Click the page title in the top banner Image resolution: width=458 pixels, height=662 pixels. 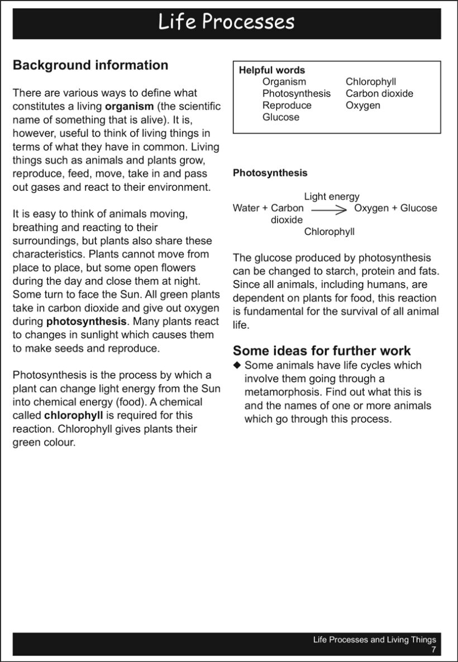(226, 22)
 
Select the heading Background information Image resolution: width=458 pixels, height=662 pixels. (90, 65)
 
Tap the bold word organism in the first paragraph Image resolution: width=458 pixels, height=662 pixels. (129, 106)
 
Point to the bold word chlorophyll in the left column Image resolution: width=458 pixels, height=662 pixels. (73, 415)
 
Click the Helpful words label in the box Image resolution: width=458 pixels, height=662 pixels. (272, 70)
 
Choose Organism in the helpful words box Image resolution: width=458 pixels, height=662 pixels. (284, 82)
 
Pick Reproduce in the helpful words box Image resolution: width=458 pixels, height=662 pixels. (287, 105)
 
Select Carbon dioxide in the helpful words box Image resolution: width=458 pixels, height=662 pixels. (379, 94)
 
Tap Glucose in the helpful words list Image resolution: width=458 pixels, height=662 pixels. (281, 117)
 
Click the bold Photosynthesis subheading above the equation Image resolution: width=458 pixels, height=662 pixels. (270, 173)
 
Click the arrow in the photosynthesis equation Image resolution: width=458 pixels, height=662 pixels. (330, 209)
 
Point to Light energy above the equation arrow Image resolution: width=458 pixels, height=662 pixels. (332, 196)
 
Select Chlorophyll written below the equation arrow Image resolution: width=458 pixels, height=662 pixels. (330, 232)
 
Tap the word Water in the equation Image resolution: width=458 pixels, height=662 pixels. (246, 208)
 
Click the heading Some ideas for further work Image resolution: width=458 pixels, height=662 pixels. (322, 351)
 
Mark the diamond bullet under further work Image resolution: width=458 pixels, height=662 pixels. (237, 365)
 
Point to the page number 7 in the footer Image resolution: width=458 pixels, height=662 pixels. (433, 650)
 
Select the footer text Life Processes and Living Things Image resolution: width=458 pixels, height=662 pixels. (374, 640)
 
